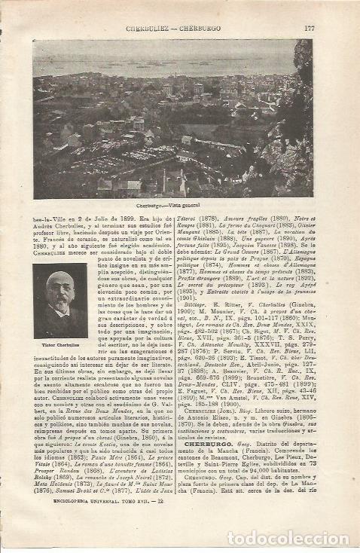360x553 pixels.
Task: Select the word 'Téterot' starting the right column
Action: point(195,216)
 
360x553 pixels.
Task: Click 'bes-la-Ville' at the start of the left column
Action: point(47,216)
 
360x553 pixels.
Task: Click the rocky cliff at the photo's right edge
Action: point(301,98)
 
